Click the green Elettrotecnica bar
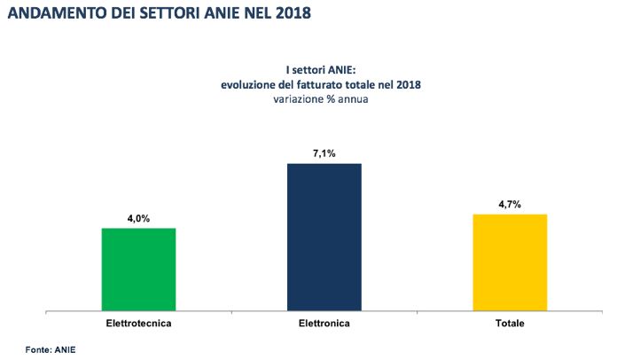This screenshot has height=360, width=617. coord(138,270)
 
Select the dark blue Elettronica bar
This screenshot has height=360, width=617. coord(324,237)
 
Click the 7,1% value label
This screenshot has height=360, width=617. coord(324,153)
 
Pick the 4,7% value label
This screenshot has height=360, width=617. coord(510,205)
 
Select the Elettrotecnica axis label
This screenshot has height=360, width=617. coord(138,323)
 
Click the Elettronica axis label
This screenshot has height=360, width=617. coord(324,323)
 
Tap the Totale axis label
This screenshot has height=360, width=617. coord(510,323)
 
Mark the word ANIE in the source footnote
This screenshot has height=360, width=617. coord(66,349)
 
